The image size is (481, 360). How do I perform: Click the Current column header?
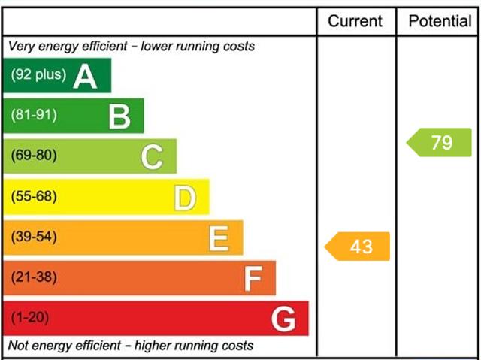pyautogui.click(x=355, y=21)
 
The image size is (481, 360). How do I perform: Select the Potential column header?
pyautogui.click(x=440, y=21)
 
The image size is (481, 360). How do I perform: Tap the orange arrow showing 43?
pyautogui.click(x=358, y=246)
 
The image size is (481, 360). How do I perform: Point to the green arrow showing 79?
pyautogui.click(x=440, y=142)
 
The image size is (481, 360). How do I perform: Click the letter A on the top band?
pyautogui.click(x=85, y=76)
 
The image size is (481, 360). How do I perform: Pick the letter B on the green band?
pyautogui.click(x=119, y=116)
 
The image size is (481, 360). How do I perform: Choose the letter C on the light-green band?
pyautogui.click(x=152, y=157)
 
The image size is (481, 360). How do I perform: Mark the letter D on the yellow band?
pyautogui.click(x=185, y=198)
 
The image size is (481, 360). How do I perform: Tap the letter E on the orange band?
pyautogui.click(x=219, y=238)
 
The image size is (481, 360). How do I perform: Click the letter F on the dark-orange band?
pyautogui.click(x=253, y=280)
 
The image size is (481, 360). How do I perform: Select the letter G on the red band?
pyautogui.click(x=283, y=319)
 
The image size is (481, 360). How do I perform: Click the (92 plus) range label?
pyautogui.click(x=38, y=75)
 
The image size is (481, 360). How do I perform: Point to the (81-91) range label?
pyautogui.click(x=34, y=116)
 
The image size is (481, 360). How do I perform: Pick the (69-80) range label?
pyautogui.click(x=34, y=156)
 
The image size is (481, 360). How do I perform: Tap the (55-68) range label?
pyautogui.click(x=34, y=197)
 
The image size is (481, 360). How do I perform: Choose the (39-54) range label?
pyautogui.click(x=34, y=237)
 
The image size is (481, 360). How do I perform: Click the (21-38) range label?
pyautogui.click(x=34, y=278)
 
